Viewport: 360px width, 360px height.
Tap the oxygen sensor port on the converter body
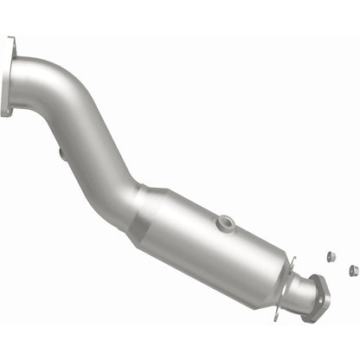pos(227,222)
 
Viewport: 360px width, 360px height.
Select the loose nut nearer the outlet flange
pos(331,257)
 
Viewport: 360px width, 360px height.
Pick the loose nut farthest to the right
pos(353,270)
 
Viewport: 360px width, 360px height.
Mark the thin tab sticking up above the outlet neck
pos(294,260)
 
